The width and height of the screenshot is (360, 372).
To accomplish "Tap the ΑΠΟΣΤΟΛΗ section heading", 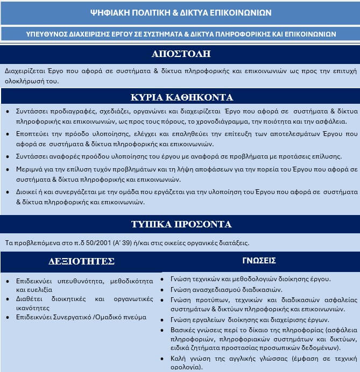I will click(180, 54).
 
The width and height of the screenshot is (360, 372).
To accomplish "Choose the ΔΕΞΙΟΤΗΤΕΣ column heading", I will click(82, 262).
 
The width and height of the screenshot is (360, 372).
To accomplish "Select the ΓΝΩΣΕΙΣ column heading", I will click(259, 261).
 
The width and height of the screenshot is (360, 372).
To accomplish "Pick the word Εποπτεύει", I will click(33, 134).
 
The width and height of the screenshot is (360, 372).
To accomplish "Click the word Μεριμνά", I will click(30, 169).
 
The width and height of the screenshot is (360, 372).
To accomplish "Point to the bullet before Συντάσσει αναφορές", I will click(7, 158).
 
